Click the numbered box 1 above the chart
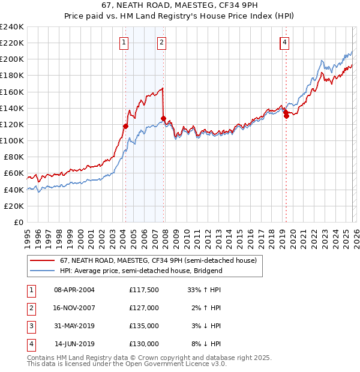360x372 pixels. coord(124,42)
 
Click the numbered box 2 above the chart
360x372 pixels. coord(162,42)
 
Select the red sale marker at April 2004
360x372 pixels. coord(125,126)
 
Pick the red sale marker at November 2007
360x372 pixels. coord(164,118)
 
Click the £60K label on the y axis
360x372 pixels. coord(14,173)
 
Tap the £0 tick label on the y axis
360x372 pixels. coord(18,222)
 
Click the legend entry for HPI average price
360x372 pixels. coord(141,271)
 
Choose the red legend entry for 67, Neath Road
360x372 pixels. coord(158,260)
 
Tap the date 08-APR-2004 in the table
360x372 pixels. coord(74,289)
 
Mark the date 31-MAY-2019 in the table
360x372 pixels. coord(74,326)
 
